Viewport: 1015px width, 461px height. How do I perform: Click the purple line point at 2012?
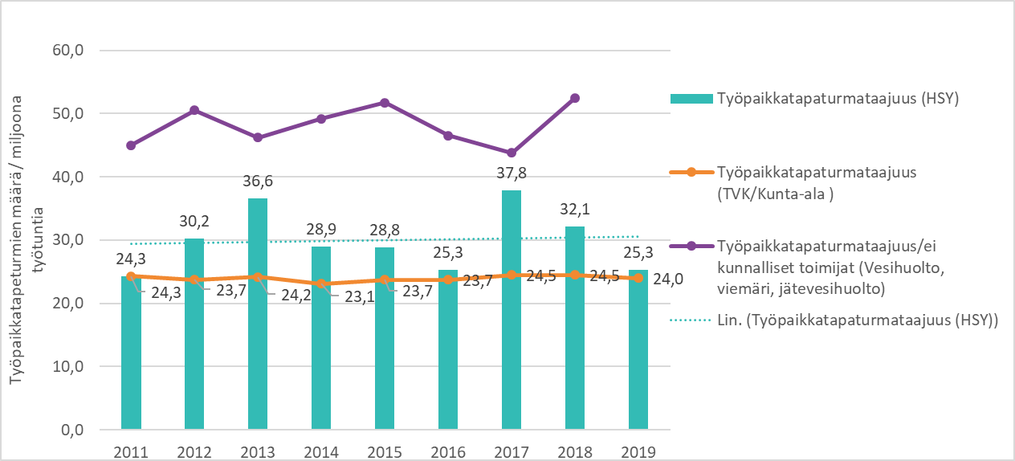pyautogui.click(x=194, y=110)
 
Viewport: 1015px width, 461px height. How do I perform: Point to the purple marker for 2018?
pyautogui.click(x=575, y=98)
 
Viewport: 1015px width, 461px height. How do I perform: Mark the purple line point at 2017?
pyautogui.click(x=512, y=153)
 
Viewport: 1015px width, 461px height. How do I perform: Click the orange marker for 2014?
pyautogui.click(x=320, y=284)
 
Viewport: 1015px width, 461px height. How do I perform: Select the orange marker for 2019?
pyautogui.click(x=638, y=278)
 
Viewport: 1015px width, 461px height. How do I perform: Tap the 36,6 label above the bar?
pyautogui.click(x=257, y=182)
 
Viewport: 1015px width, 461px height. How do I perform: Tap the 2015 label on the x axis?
pyautogui.click(x=384, y=451)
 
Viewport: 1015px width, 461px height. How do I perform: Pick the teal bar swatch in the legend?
pyautogui.click(x=691, y=98)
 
